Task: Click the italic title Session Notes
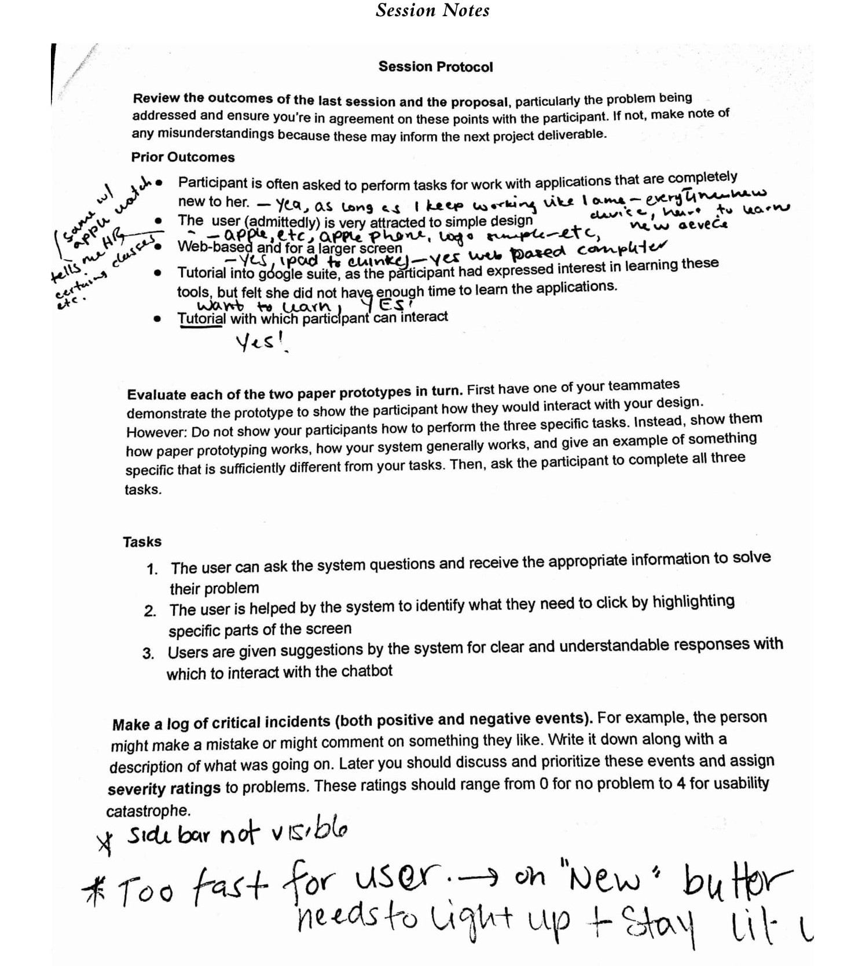[432, 10]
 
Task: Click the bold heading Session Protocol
[435, 67]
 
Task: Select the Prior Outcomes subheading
[183, 157]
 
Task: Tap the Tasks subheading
[142, 542]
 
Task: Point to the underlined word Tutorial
[201, 318]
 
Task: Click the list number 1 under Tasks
[152, 570]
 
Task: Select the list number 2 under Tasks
[150, 611]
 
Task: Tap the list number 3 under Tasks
[148, 653]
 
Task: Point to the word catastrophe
[148, 811]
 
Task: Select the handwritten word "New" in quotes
[604, 880]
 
